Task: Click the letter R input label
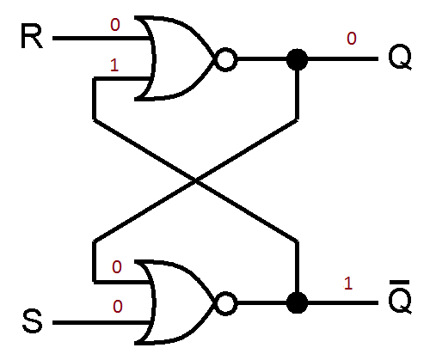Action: pos(32,40)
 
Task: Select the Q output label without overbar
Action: pos(399,60)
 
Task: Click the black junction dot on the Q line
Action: pos(297,60)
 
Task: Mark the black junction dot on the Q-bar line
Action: pos(297,303)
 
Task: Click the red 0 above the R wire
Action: pos(114,26)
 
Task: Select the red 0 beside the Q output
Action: pos(351,39)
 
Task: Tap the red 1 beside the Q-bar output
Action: pos(349,283)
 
